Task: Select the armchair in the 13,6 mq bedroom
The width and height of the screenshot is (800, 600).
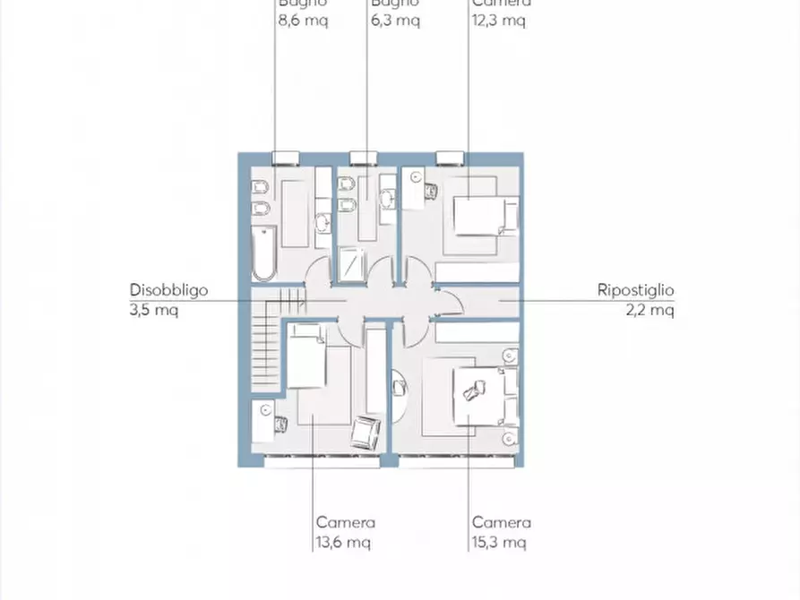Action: (365, 433)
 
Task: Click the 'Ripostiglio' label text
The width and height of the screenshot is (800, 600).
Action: (635, 290)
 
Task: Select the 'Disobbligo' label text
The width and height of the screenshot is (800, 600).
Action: (169, 290)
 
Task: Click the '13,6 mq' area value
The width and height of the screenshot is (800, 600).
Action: (342, 542)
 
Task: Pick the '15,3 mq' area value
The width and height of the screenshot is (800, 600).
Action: (499, 542)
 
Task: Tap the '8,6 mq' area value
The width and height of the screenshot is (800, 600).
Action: (303, 20)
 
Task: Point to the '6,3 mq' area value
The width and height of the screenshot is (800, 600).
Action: (395, 20)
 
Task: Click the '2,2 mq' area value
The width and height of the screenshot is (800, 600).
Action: (649, 310)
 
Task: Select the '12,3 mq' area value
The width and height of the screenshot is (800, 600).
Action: (499, 20)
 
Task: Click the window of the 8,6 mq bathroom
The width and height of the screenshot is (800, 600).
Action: (285, 158)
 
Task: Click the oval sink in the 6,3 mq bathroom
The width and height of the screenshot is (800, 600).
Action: (388, 199)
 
